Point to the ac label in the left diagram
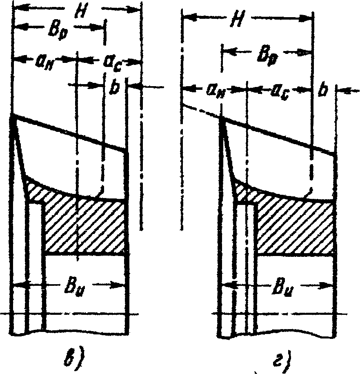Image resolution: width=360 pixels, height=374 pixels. click(111, 64)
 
